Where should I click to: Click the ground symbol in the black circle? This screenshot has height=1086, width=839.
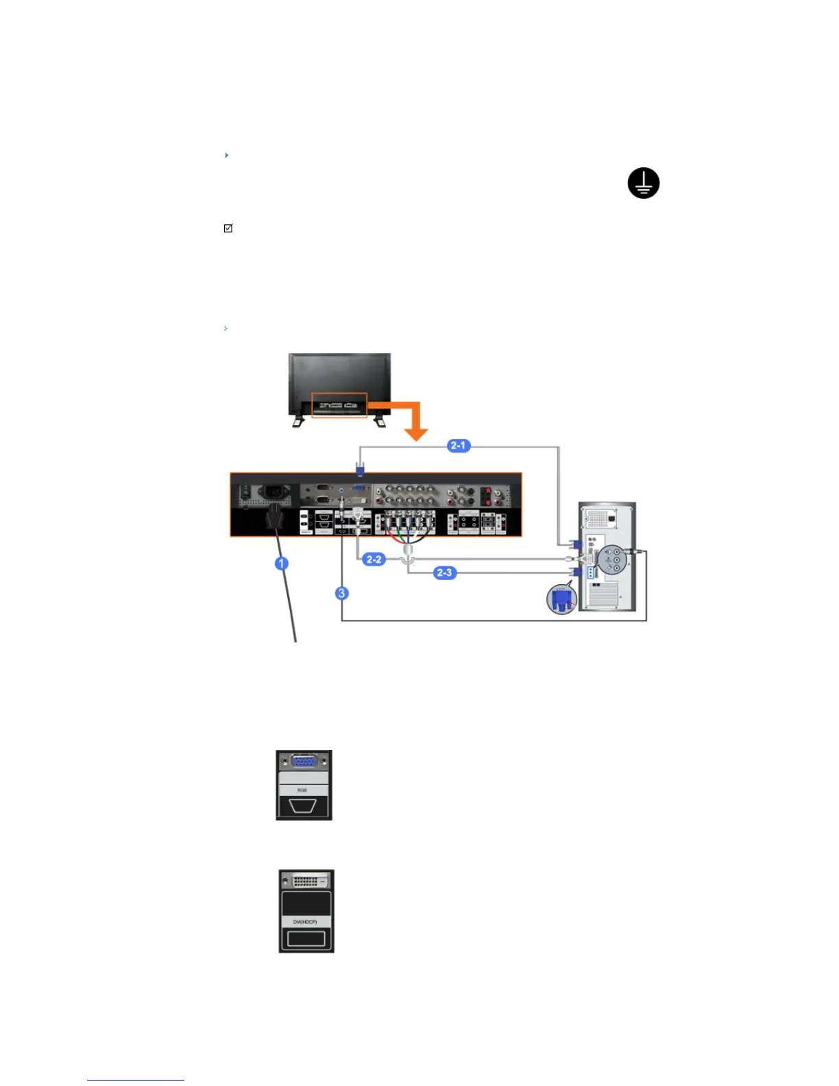tap(643, 183)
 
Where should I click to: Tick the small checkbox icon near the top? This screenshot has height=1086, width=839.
tap(228, 228)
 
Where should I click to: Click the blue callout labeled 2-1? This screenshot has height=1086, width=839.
tap(458, 446)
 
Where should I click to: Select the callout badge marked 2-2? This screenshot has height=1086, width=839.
tap(374, 559)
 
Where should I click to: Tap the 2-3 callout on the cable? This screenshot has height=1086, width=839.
tap(444, 572)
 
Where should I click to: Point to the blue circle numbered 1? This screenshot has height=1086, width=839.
tap(281, 564)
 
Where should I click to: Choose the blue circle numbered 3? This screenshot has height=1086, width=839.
tap(342, 593)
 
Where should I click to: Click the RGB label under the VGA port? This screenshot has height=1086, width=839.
tap(302, 791)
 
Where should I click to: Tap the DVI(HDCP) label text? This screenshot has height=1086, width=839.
tap(306, 922)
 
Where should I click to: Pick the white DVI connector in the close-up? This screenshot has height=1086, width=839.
tap(306, 880)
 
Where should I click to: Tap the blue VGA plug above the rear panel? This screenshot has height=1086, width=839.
tap(360, 469)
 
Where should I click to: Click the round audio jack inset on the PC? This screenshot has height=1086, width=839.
tap(611, 560)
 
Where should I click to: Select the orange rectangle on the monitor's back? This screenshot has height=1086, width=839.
tap(340, 405)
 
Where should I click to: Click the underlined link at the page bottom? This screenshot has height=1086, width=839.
tap(136, 1080)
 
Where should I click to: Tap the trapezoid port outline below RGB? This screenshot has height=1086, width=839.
tap(302, 806)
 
